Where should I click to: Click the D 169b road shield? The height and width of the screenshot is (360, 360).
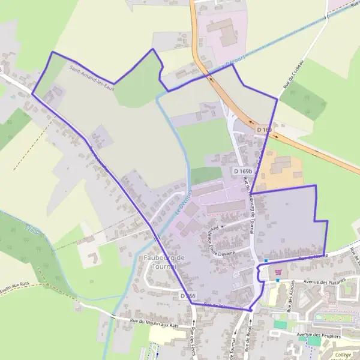click(x=243, y=172)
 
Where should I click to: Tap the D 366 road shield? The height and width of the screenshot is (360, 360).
click(x=188, y=296)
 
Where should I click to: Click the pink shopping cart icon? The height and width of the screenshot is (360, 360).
click(x=278, y=271)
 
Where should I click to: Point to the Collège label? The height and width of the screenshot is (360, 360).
click(x=344, y=355)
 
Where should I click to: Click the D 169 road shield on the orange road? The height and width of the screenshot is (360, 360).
click(x=264, y=130)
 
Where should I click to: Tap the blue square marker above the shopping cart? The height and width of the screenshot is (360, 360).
click(x=266, y=261)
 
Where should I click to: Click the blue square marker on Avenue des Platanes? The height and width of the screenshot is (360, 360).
click(x=277, y=280)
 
